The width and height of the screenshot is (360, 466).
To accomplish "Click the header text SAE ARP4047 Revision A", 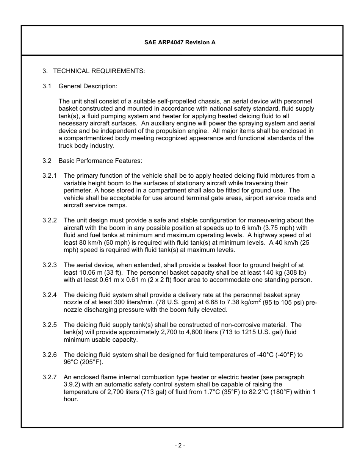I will tap(180, 42).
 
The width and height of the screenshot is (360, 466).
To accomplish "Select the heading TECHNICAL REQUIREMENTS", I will tap(99, 71).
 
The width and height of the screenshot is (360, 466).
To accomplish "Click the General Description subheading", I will tap(88, 86).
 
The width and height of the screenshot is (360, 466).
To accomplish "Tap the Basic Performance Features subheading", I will tap(100, 161).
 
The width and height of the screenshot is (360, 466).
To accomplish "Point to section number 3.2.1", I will tap(50, 176).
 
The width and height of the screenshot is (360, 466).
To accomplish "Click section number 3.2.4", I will tap(50, 295).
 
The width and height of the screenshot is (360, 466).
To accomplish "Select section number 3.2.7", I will tap(50, 377).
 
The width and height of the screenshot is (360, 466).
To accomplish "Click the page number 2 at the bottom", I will tap(180, 446).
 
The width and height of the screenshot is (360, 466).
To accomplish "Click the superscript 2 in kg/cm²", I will tap(260, 300).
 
